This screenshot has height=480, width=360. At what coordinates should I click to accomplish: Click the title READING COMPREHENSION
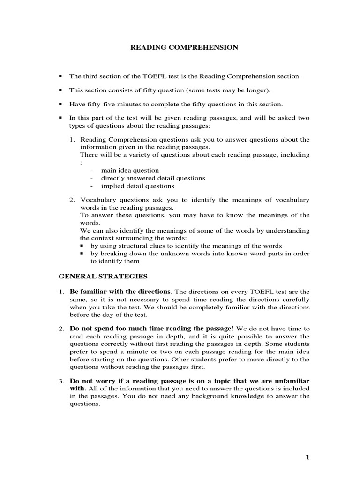184,47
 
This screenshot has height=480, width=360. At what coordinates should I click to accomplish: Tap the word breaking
111,254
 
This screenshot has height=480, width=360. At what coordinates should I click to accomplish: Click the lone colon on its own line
81,163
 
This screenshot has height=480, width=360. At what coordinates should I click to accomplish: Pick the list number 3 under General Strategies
61,381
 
